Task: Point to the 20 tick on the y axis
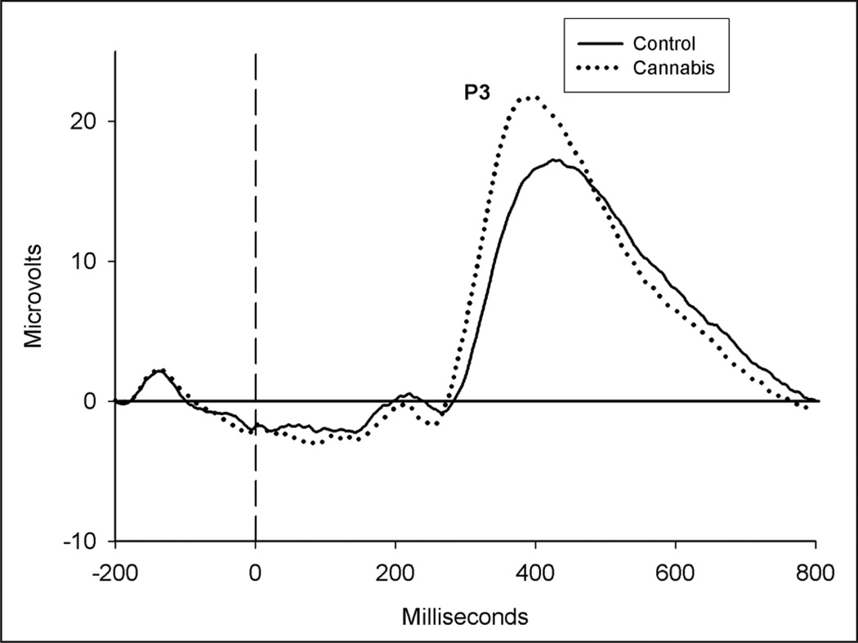click(x=89, y=121)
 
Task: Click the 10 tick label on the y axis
click(x=89, y=261)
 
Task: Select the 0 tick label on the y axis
click(x=95, y=402)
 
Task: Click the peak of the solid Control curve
click(x=555, y=160)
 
